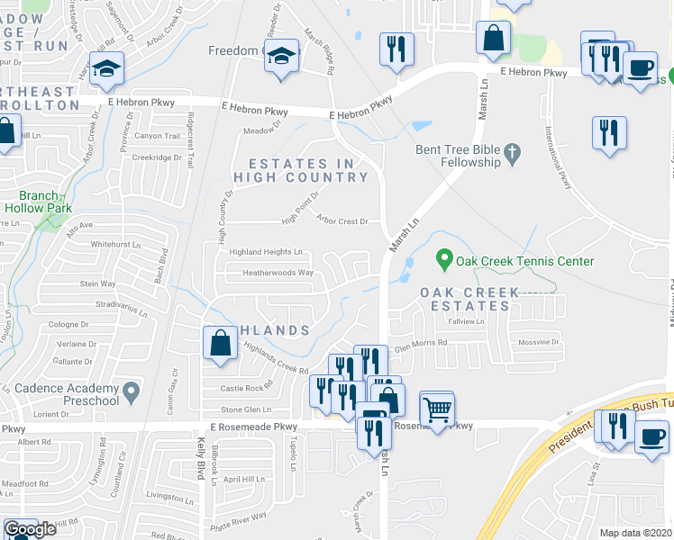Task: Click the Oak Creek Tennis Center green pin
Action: [x=443, y=260]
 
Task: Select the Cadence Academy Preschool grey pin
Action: [x=132, y=391]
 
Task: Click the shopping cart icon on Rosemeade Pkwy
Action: [x=437, y=409]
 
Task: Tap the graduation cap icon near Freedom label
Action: [x=282, y=56]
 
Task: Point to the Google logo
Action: [x=30, y=530]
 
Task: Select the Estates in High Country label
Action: [x=301, y=170]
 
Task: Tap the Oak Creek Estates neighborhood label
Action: [x=469, y=300]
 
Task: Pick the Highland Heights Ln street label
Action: [x=265, y=253]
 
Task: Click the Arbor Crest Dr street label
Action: [x=342, y=220]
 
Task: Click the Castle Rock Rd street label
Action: [x=246, y=388]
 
